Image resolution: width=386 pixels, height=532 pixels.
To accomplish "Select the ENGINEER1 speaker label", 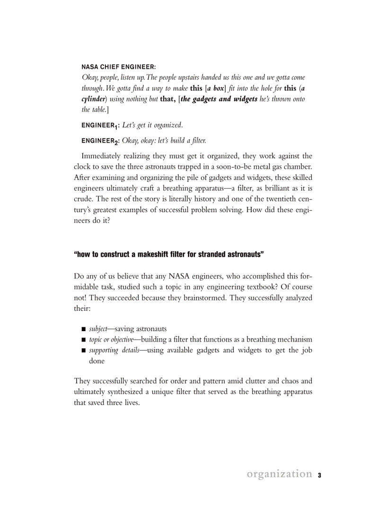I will point(100,125).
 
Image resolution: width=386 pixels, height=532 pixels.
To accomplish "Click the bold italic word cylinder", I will point(94,99).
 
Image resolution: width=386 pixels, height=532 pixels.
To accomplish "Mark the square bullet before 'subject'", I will point(83,329).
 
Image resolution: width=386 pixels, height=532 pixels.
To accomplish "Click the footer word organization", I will point(279,474).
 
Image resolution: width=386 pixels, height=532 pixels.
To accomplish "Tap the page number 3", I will point(319,475).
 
